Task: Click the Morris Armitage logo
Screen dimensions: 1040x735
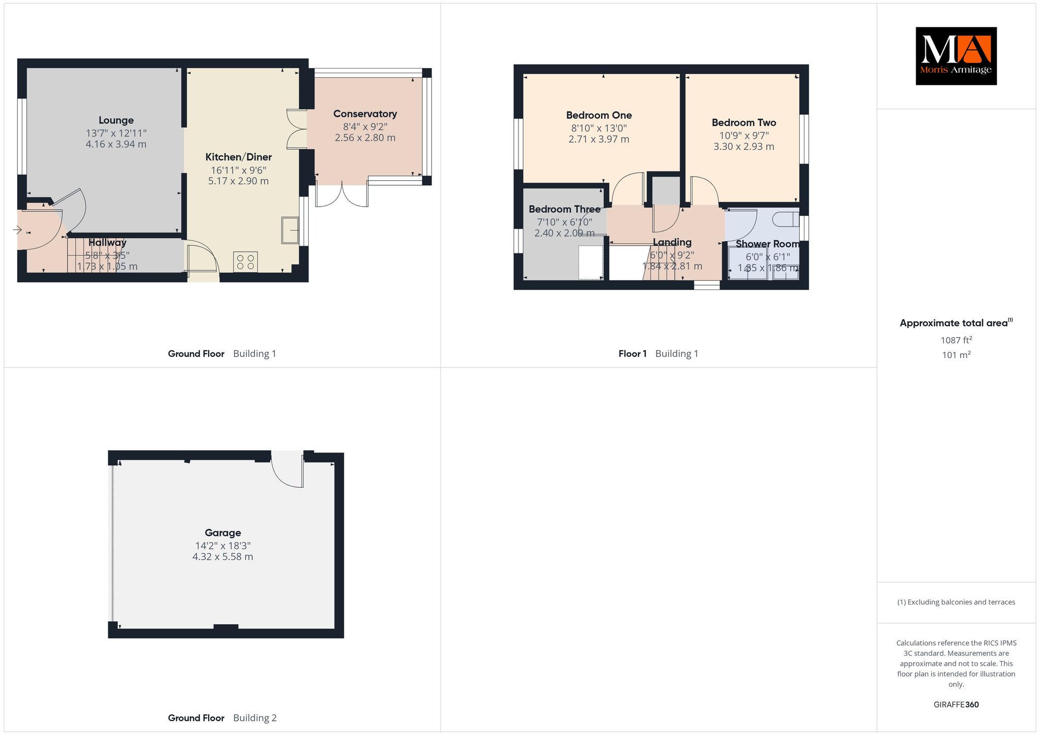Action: [956, 56]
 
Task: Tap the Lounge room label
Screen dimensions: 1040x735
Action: [116, 120]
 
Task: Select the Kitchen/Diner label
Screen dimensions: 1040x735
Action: [239, 157]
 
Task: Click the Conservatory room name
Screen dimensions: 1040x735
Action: [365, 114]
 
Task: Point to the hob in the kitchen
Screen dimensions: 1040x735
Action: [245, 262]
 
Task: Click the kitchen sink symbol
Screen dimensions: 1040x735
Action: [290, 230]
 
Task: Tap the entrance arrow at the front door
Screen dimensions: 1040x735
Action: [17, 230]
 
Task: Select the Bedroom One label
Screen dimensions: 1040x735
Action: [599, 115]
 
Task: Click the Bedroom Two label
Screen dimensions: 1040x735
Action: [744, 123]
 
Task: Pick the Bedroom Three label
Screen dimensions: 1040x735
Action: [565, 209]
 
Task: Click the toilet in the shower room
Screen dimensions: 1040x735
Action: [786, 220]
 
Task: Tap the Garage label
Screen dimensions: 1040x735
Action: [223, 532]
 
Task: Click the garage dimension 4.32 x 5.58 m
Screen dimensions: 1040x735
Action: [223, 557]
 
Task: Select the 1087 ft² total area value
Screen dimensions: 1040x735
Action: [956, 340]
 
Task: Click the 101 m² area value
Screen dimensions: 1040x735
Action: [956, 355]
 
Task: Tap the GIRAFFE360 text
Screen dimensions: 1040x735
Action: [956, 705]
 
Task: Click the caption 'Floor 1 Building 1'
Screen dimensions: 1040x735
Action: [658, 354]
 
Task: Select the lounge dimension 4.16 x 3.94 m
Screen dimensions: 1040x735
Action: [116, 144]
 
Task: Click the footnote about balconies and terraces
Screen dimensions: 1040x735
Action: [956, 602]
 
